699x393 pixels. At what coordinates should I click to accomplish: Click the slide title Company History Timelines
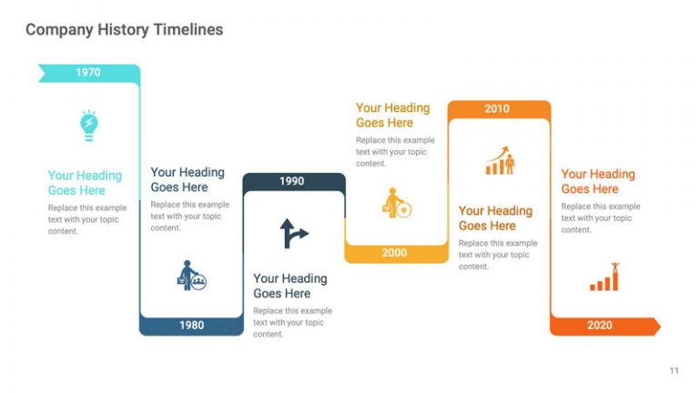pyautogui.click(x=124, y=30)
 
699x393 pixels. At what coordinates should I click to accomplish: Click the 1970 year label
pyautogui.click(x=87, y=72)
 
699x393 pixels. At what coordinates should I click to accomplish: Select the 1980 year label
pyautogui.click(x=191, y=326)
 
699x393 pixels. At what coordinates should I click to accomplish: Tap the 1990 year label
pyautogui.click(x=291, y=181)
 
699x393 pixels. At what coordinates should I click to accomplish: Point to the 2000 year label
pyautogui.click(x=394, y=253)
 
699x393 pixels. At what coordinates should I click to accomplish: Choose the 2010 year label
pyautogui.click(x=497, y=108)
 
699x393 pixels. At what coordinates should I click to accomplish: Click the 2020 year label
pyautogui.click(x=600, y=326)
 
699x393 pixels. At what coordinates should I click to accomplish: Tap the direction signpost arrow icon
pyautogui.click(x=293, y=233)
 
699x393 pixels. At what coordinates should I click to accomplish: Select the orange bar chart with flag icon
pyautogui.click(x=604, y=277)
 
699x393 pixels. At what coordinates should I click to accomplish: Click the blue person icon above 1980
pyautogui.click(x=191, y=276)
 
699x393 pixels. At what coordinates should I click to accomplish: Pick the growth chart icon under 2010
pyautogui.click(x=499, y=161)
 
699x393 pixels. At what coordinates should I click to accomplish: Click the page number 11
pyautogui.click(x=674, y=370)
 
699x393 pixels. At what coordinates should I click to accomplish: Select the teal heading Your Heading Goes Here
pyautogui.click(x=85, y=183)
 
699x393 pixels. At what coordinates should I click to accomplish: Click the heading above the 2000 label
pyautogui.click(x=392, y=116)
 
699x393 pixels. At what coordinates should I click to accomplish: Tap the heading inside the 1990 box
pyautogui.click(x=290, y=286)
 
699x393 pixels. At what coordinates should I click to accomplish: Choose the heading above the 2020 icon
pyautogui.click(x=598, y=181)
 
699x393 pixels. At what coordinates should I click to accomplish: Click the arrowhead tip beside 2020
pyautogui.click(x=656, y=326)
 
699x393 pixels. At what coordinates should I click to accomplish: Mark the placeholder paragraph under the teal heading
pyautogui.click(x=87, y=219)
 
